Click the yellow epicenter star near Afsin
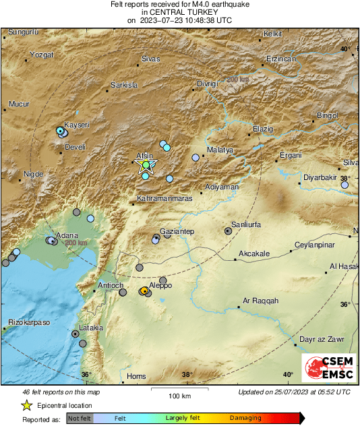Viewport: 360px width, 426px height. pos(146,166)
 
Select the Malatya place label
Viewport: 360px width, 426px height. pos(220,150)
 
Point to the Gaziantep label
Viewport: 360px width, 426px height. pos(177,231)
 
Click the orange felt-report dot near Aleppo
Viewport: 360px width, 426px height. pos(144,291)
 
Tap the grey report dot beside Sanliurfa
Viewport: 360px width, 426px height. pos(228,231)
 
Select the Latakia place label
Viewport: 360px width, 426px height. pos(91,328)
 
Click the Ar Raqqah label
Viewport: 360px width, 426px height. pos(260,301)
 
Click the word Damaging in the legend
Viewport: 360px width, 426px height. pos(245,419)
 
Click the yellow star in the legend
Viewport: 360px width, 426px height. pos(26,405)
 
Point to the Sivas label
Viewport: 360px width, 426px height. pos(150,59)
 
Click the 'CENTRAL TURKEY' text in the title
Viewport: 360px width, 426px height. pos(179,12)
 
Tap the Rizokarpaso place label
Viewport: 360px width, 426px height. pos(29,322)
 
